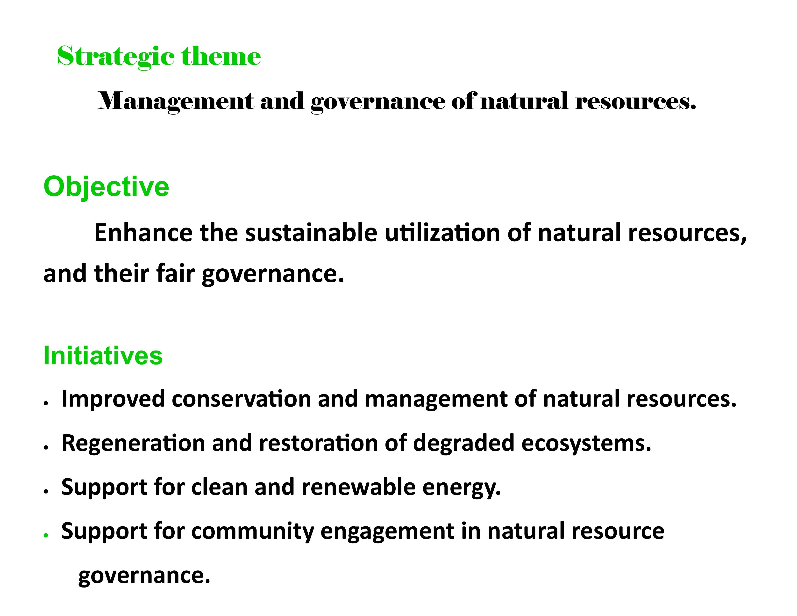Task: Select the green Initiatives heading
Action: (103, 355)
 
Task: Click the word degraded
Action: (463, 443)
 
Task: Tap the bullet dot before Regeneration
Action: (46, 447)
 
